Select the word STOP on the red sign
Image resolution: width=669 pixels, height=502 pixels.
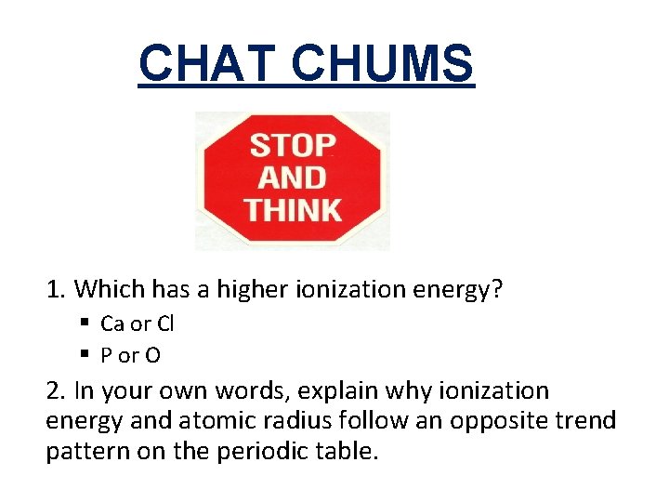tap(293, 146)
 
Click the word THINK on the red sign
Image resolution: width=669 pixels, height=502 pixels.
tap(293, 208)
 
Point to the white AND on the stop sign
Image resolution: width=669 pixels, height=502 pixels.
tap(293, 177)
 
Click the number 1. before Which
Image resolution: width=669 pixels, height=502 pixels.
tap(57, 290)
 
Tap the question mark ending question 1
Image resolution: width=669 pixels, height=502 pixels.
tap(497, 290)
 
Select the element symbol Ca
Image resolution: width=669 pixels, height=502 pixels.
tap(112, 324)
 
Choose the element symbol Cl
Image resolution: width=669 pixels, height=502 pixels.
tap(164, 324)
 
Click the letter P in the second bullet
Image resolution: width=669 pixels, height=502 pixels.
tap(106, 354)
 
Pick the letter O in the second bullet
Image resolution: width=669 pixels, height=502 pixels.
tap(153, 354)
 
